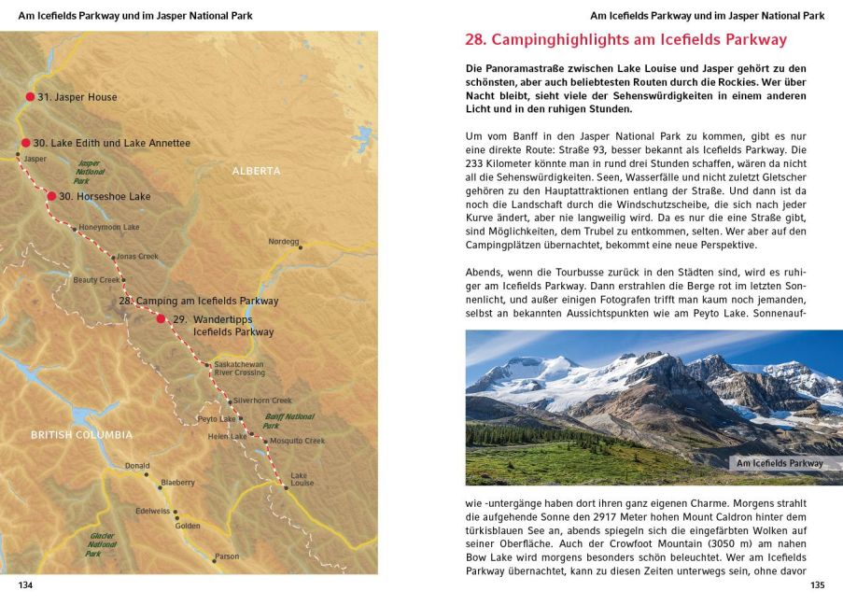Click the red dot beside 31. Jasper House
click(30, 96)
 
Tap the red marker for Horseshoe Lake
click(52, 196)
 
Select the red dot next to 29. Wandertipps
click(161, 318)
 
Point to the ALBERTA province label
click(256, 171)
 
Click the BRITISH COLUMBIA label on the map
click(81, 434)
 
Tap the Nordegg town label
click(283, 241)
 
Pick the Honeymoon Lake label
click(109, 227)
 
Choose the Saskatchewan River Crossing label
click(239, 368)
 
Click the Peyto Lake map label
click(216, 419)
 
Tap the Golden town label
click(188, 526)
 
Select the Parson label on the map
click(227, 556)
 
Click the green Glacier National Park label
click(102, 544)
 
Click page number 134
click(26, 585)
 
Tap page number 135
click(817, 585)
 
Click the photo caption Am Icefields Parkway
click(780, 463)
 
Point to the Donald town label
click(137, 465)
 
